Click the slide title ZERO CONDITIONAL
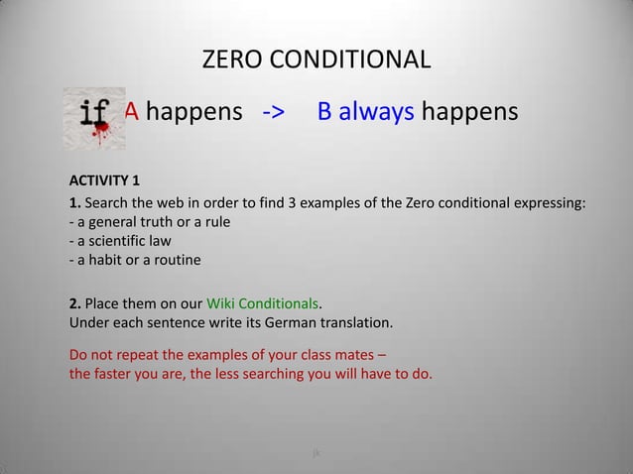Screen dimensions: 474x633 tap(316, 59)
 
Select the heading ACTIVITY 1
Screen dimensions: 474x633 tap(104, 180)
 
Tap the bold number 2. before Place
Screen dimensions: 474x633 tap(73, 303)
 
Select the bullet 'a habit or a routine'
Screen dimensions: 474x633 tap(134, 261)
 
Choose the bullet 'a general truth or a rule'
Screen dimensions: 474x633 tap(149, 223)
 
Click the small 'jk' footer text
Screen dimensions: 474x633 tap(316, 453)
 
